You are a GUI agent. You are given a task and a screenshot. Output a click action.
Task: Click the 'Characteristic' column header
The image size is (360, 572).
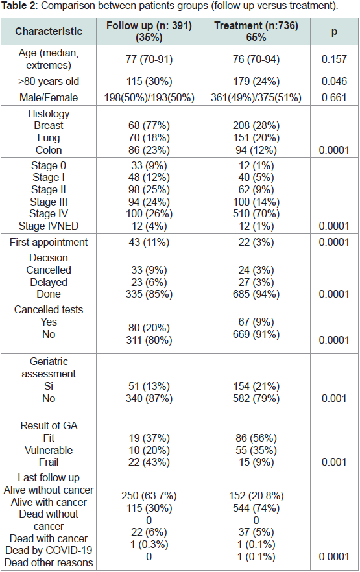pos(49,31)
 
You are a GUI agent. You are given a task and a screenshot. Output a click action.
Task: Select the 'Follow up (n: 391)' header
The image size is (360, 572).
pos(149,25)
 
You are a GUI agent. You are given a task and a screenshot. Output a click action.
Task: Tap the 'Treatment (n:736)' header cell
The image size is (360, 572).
pos(256,25)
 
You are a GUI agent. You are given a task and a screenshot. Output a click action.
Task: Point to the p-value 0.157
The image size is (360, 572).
pos(334,59)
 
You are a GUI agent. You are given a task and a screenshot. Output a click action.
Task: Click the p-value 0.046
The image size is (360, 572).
pos(334,81)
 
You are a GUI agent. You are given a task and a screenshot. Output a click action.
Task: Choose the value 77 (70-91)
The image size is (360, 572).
pos(149,59)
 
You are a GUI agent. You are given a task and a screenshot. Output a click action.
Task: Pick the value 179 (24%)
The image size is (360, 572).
pos(256,81)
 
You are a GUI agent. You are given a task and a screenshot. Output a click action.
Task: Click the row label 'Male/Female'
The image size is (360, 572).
pos(49,97)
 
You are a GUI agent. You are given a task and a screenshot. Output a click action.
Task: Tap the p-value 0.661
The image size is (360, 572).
pos(334,97)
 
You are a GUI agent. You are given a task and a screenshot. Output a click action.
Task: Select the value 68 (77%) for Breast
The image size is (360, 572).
pos(149,126)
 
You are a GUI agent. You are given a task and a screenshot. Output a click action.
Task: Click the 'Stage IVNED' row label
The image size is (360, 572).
pos(49,226)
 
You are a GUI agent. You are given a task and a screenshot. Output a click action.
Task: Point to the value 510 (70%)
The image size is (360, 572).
pos(256,214)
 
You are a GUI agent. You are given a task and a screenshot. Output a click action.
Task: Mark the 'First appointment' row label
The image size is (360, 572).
pos(49,243)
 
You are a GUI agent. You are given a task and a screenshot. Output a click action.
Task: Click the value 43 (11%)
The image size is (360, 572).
pos(149,243)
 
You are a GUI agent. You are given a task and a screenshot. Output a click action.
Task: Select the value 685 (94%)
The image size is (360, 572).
pos(256,294)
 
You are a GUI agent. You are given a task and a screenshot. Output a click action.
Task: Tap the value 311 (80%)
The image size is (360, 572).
pos(149,340)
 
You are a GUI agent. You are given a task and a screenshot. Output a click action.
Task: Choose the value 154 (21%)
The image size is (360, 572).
pos(256,386)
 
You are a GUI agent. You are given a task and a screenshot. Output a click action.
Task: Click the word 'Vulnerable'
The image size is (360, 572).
pos(49,450)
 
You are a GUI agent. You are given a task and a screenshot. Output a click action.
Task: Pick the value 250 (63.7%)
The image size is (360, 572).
pos(149,495)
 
